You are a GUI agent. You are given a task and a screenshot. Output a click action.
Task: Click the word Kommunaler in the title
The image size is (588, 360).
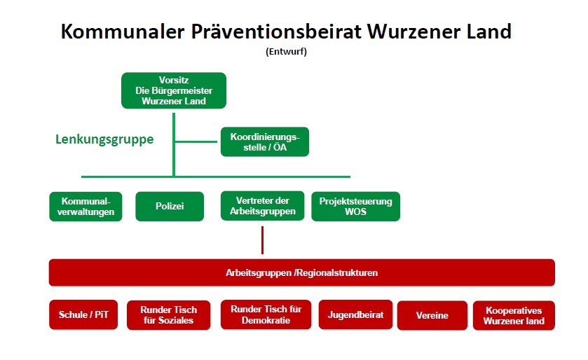(123, 31)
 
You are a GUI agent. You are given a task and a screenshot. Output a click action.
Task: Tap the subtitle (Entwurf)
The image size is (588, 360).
(286, 51)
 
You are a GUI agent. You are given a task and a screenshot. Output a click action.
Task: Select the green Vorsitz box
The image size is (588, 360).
(174, 90)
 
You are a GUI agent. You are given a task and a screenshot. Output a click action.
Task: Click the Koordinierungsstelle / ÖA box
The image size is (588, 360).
(265, 141)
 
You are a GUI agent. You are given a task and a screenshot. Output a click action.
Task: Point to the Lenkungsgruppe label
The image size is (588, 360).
(104, 139)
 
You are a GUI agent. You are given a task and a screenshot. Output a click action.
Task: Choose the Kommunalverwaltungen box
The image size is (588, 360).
(86, 207)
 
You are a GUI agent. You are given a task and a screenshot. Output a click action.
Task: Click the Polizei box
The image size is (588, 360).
(170, 207)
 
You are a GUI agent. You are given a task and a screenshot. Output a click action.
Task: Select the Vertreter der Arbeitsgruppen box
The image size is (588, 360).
(263, 206)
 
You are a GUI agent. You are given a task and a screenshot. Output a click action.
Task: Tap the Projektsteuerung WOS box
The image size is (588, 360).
(355, 207)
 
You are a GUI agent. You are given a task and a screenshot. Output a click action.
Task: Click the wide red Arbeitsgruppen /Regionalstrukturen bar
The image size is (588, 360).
(302, 272)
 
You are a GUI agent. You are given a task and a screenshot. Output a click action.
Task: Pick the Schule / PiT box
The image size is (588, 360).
(83, 314)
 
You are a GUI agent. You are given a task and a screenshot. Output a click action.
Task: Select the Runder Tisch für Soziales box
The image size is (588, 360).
(168, 315)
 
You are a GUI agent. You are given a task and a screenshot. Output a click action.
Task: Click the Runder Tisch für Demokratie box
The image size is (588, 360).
(266, 314)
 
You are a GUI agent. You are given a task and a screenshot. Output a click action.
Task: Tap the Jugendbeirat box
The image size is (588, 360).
(355, 314)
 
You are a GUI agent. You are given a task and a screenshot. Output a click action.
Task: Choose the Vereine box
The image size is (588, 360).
(432, 315)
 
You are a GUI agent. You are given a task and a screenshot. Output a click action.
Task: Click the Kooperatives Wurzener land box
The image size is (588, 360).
(514, 315)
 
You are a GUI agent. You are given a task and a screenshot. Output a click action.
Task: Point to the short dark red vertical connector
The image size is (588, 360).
(263, 240)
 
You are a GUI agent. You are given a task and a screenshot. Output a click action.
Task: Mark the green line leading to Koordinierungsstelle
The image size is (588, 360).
(196, 141)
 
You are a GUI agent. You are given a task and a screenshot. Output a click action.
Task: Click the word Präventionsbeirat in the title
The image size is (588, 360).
(276, 31)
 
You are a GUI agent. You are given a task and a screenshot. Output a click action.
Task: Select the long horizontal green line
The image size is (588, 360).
(216, 176)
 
